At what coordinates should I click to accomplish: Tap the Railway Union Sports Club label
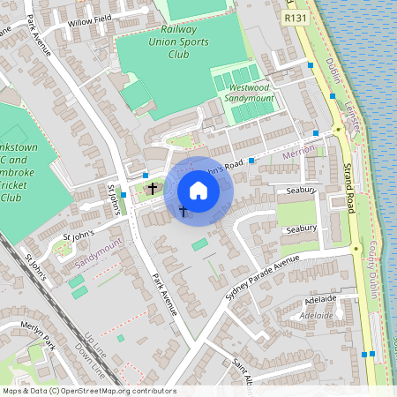[x=179, y=42]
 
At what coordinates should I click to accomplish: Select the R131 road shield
[x=294, y=17]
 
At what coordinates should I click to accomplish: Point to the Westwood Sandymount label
[x=251, y=94]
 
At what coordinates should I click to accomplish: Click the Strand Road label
[x=348, y=189]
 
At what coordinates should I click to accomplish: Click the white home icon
[x=198, y=191]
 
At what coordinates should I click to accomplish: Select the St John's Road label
[x=216, y=166]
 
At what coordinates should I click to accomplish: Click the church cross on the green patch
[x=153, y=188]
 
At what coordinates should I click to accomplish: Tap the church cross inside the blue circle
[x=183, y=210]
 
